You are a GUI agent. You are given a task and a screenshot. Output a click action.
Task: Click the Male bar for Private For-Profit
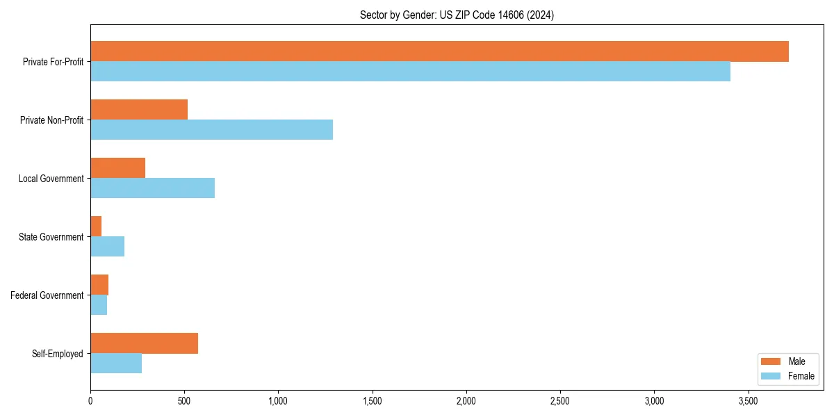tap(439, 51)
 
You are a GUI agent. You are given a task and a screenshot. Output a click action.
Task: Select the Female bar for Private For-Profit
tap(410, 72)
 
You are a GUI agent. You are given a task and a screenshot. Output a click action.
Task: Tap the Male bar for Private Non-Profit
tap(139, 110)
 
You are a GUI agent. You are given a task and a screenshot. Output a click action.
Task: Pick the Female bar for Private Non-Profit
tap(211, 130)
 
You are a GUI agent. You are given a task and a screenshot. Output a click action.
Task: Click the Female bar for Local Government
tap(152, 188)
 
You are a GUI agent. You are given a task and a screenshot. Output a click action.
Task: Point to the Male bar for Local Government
tap(117, 168)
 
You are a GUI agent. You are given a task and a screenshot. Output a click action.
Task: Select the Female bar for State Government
tap(107, 247)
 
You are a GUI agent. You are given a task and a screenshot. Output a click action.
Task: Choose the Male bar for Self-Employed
tap(144, 343)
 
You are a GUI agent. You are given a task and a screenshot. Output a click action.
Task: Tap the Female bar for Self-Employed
tap(116, 363)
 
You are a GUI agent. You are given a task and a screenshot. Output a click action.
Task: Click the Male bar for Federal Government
tap(99, 285)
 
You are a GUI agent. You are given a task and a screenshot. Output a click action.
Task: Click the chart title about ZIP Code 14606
tap(457, 15)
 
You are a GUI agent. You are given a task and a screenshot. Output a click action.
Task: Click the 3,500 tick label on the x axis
tap(748, 401)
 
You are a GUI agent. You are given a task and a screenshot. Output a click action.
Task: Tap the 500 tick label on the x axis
tap(184, 401)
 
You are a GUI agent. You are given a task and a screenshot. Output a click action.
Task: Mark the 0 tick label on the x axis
tap(90, 401)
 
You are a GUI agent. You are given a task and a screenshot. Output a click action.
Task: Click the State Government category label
tap(51, 237)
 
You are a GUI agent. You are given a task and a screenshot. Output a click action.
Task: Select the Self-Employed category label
tap(57, 354)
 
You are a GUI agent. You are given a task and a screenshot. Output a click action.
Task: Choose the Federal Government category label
tap(47, 295)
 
